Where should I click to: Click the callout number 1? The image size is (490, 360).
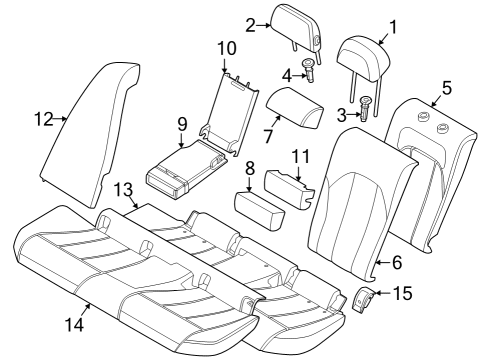(392, 28)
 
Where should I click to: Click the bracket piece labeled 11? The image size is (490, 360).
(287, 187)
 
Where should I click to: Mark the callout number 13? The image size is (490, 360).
(122, 190)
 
